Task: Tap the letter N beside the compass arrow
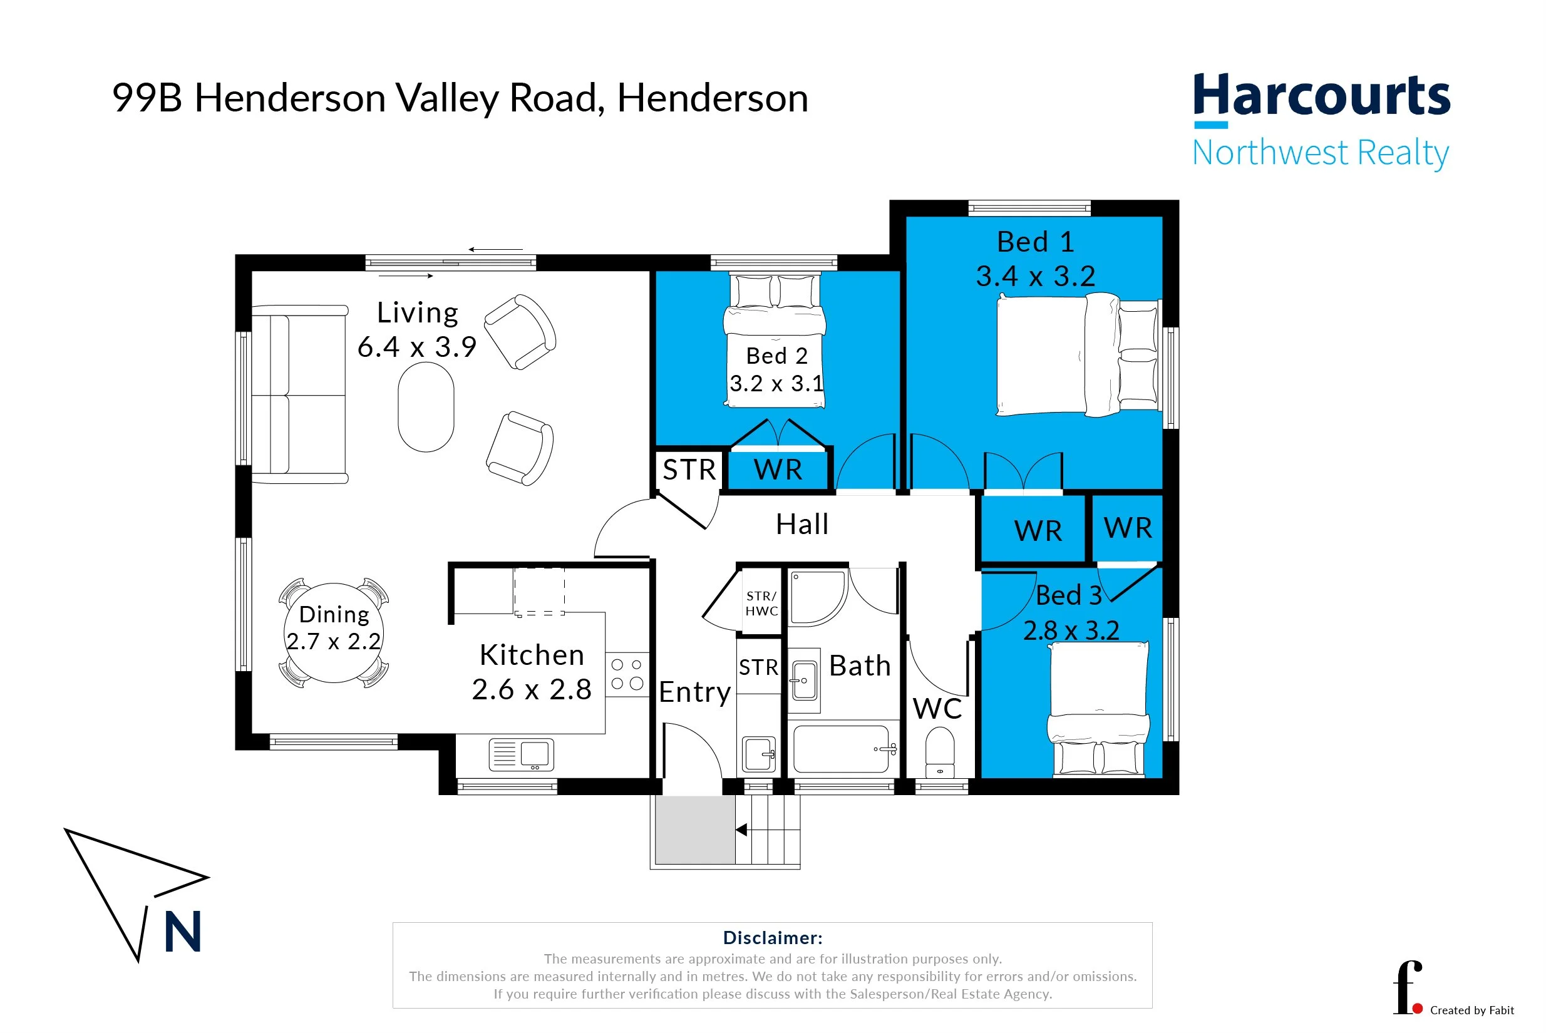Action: click(182, 933)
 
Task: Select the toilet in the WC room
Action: click(939, 751)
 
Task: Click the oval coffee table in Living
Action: click(426, 407)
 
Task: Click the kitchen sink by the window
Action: click(521, 755)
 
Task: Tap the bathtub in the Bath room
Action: click(841, 749)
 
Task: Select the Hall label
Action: click(801, 525)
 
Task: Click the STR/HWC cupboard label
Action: click(761, 604)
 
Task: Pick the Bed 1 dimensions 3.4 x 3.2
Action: click(1035, 276)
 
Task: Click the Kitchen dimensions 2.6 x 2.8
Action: click(531, 690)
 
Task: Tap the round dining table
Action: click(333, 632)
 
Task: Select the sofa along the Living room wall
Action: click(300, 394)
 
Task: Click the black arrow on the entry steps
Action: click(741, 830)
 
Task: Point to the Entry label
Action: click(694, 692)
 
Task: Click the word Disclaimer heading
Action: click(772, 937)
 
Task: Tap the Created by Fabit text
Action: click(1471, 1010)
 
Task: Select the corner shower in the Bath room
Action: click(817, 597)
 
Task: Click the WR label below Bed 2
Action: click(778, 470)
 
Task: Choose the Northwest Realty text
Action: click(1320, 153)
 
